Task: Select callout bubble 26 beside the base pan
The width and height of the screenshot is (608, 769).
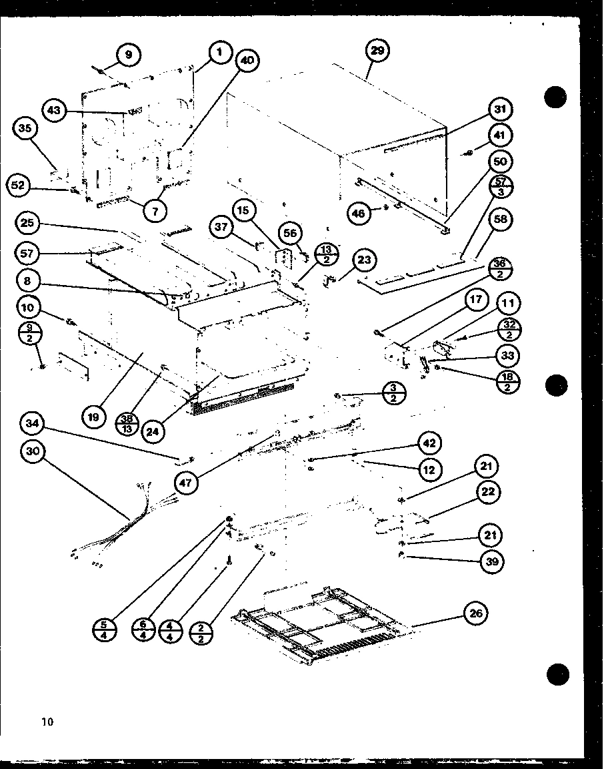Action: click(475, 613)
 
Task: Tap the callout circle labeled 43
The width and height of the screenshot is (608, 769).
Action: click(55, 110)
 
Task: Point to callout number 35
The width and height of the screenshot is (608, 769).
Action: click(25, 128)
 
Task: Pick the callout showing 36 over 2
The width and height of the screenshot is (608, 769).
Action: click(502, 269)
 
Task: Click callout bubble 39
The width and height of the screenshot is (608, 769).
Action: click(492, 561)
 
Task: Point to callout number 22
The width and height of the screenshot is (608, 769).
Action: click(490, 493)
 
